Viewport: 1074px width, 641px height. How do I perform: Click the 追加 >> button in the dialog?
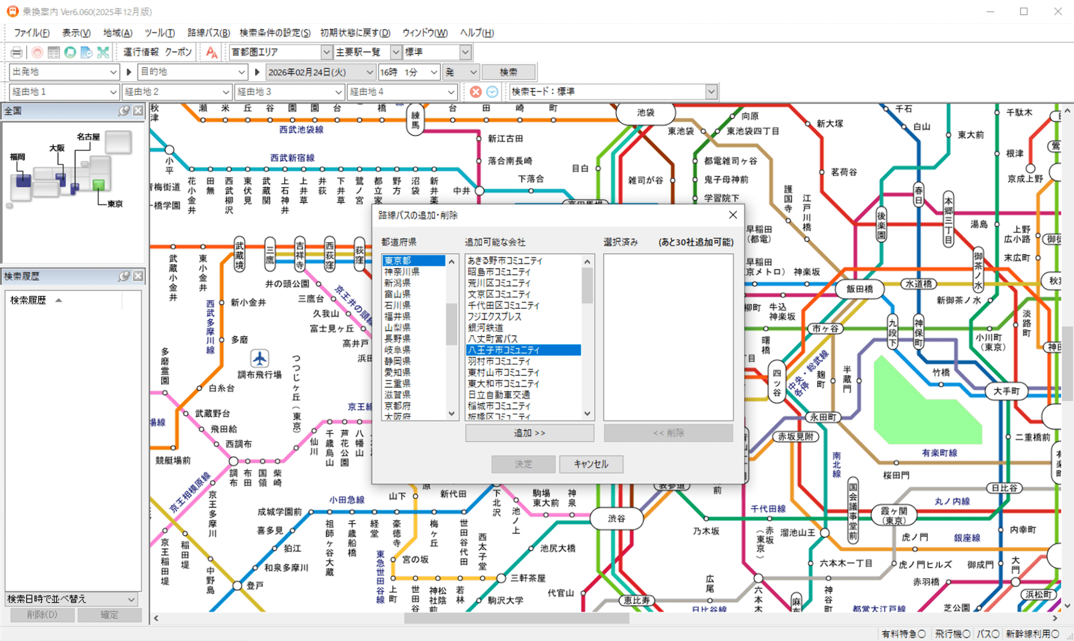tap(529, 433)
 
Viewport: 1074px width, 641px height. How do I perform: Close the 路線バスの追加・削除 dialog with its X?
tap(733, 215)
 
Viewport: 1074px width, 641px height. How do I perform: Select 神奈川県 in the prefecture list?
tap(402, 271)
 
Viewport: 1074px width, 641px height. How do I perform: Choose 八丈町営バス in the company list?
tap(492, 339)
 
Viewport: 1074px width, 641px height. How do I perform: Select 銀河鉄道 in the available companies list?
tap(486, 328)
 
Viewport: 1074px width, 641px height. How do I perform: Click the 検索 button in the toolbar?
tap(508, 72)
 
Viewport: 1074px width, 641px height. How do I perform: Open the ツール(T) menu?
tap(159, 32)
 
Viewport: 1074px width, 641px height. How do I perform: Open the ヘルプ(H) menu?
tap(477, 32)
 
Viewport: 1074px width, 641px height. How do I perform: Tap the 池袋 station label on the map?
tap(646, 112)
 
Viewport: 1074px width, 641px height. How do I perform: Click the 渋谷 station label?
tap(616, 518)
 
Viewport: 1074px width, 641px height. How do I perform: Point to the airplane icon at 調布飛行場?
tap(260, 358)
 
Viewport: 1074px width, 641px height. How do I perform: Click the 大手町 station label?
tap(1006, 391)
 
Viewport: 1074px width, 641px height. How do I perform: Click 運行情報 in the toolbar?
tap(141, 52)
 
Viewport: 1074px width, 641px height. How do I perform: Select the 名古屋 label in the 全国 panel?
tap(88, 137)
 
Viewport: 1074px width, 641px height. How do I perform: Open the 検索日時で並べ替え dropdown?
tap(72, 599)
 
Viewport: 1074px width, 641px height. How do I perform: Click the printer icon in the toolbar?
tap(17, 52)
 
